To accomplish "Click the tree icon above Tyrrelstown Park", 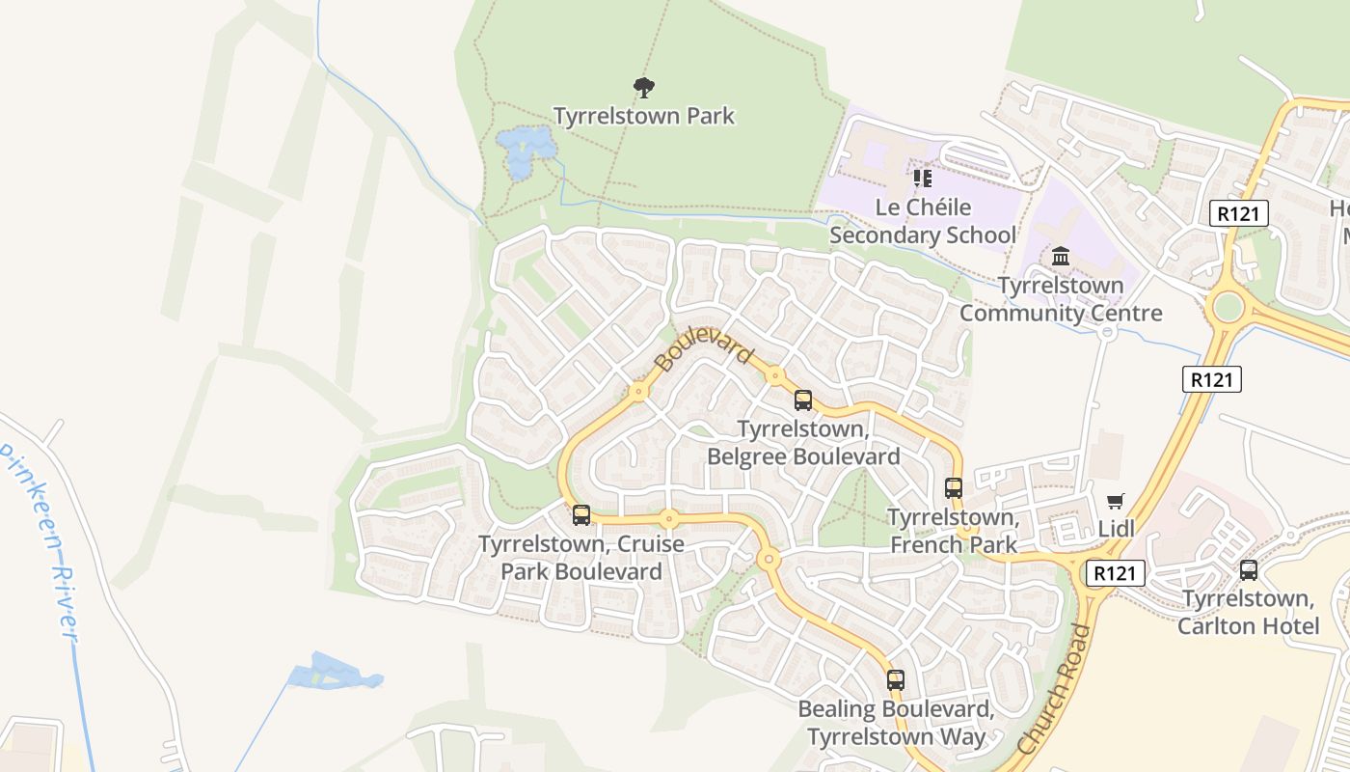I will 643,88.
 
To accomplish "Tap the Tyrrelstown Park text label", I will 643,116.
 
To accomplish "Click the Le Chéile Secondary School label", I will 923,221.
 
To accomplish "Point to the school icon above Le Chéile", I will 923,179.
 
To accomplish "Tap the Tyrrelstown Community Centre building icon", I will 1061,257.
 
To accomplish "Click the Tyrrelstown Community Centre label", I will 1061,299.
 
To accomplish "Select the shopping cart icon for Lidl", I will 1116,501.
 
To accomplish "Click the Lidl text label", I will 1117,528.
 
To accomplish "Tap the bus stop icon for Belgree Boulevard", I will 803,400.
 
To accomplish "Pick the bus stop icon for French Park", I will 954,488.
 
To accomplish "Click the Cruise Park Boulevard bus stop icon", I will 581,515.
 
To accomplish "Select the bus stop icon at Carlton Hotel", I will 1249,570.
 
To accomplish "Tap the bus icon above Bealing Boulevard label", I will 896,680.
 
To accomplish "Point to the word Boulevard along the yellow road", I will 703,347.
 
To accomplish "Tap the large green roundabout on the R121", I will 1228,308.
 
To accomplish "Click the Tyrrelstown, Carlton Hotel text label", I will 1249,612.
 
